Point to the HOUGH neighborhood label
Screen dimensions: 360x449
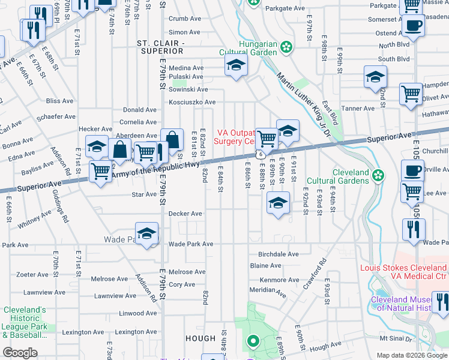tap(200, 338)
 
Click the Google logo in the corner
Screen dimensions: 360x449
tap(20, 352)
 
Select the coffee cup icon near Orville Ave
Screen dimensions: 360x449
tap(412, 170)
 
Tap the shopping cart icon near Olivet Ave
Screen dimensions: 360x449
tap(411, 93)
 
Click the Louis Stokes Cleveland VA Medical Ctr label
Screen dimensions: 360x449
tap(403, 272)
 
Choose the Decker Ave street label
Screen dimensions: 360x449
tap(185, 214)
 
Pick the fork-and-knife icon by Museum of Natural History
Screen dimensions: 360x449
tap(440, 303)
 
